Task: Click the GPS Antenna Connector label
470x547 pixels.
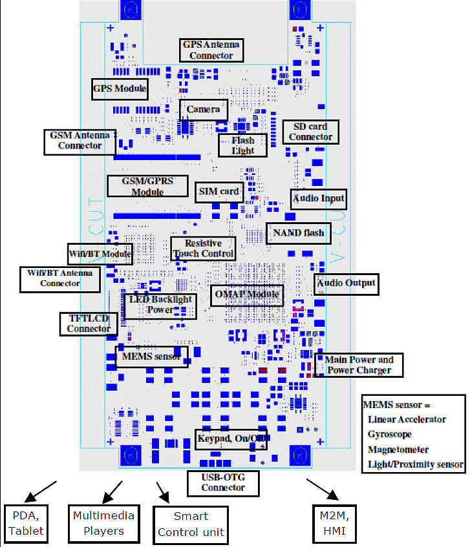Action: pyautogui.click(x=211, y=50)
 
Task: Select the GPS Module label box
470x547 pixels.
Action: pyautogui.click(x=120, y=88)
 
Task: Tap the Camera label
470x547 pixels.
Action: pyautogui.click(x=204, y=109)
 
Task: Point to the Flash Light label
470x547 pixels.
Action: pyautogui.click(x=243, y=145)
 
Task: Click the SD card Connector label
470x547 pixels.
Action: pyautogui.click(x=311, y=132)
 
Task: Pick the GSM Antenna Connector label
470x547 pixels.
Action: pyautogui.click(x=80, y=141)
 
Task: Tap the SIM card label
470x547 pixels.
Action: pyautogui.click(x=219, y=191)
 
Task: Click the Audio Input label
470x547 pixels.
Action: pyautogui.click(x=319, y=198)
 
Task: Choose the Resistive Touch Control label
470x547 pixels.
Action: pyautogui.click(x=203, y=248)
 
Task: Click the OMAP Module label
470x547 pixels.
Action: pyautogui.click(x=247, y=295)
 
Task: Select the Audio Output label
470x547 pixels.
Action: pyautogui.click(x=345, y=283)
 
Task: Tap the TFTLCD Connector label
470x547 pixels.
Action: pyautogui.click(x=89, y=324)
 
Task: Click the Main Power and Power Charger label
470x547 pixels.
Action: pyautogui.click(x=359, y=365)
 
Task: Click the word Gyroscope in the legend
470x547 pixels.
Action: pyautogui.click(x=389, y=434)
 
